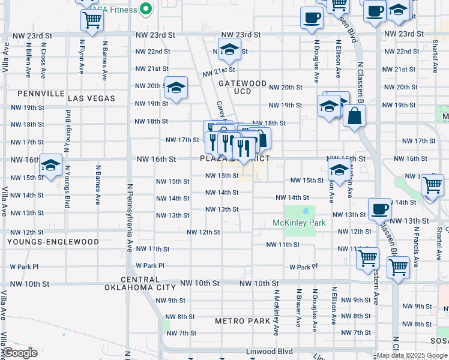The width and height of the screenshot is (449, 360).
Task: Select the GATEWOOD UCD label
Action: coord(243,87)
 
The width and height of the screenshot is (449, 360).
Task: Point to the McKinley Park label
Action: coord(299,223)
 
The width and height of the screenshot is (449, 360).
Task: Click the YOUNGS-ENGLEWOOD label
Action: coord(53,242)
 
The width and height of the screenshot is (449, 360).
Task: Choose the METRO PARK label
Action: coord(243,321)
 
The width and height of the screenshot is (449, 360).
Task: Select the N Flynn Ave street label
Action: coord(82,56)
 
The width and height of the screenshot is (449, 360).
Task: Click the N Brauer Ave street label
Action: coord(298,308)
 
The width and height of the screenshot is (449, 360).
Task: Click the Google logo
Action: coord(20,353)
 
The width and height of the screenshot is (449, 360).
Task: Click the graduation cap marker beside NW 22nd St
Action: coord(229,50)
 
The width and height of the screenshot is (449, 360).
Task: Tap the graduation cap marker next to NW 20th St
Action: coord(176,88)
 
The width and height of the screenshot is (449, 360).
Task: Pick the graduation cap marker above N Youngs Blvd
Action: coord(51,164)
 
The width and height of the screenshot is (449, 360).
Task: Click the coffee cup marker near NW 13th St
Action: coord(379,208)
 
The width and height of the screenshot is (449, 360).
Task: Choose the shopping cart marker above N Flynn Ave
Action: coord(92,20)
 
